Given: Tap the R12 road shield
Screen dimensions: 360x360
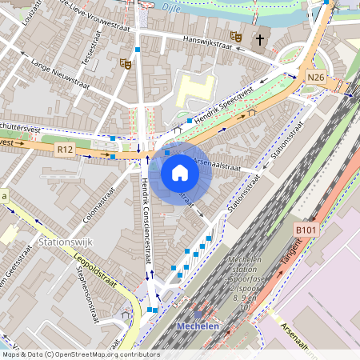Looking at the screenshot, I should pos(65,149).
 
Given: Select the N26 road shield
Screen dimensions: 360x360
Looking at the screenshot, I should pos(315,78).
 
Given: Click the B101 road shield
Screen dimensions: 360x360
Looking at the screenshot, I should pos(305,230).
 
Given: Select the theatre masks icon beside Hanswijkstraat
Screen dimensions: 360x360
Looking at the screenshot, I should pos(235,36).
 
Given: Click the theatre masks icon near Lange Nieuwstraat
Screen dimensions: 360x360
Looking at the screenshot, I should pos(125,62).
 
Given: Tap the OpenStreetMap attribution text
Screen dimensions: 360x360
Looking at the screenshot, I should pos(80,354).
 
